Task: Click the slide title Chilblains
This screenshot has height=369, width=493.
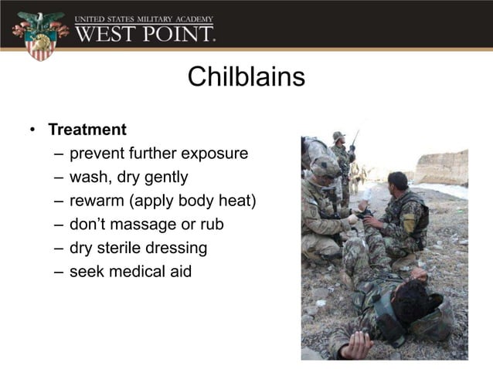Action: pyautogui.click(x=246, y=76)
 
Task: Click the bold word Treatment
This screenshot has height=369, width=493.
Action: pyautogui.click(x=87, y=129)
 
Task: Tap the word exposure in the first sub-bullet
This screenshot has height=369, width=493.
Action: pyautogui.click(x=216, y=153)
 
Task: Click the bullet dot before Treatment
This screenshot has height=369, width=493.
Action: pyautogui.click(x=33, y=130)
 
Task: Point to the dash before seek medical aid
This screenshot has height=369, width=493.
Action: pyautogui.click(x=60, y=272)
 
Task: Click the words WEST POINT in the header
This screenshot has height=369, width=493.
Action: pyautogui.click(x=144, y=33)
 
